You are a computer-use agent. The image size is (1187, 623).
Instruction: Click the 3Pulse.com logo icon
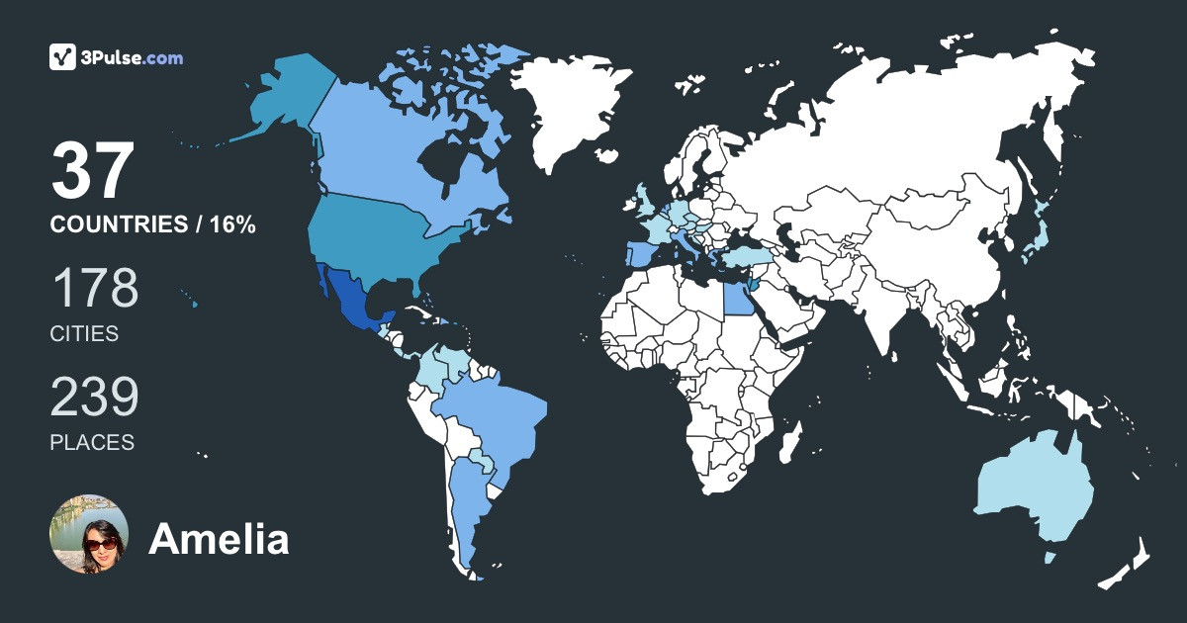pyautogui.click(x=63, y=57)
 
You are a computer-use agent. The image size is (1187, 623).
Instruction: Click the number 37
pyautogui.click(x=92, y=171)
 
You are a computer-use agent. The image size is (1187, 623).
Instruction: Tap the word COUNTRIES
pyautogui.click(x=117, y=225)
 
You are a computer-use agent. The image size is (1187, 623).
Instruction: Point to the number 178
pyautogui.click(x=94, y=288)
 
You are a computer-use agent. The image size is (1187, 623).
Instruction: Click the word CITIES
pyautogui.click(x=84, y=334)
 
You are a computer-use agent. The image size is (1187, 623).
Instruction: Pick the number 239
pyautogui.click(x=94, y=397)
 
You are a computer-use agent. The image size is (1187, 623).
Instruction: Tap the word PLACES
pyautogui.click(x=92, y=443)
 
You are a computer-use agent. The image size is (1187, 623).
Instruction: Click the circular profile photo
pyautogui.click(x=89, y=534)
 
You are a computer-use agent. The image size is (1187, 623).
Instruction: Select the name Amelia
pyautogui.click(x=219, y=540)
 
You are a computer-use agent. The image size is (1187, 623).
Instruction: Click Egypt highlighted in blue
pyautogui.click(x=737, y=297)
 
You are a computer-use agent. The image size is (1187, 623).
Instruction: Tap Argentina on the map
pyautogui.click(x=465, y=504)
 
